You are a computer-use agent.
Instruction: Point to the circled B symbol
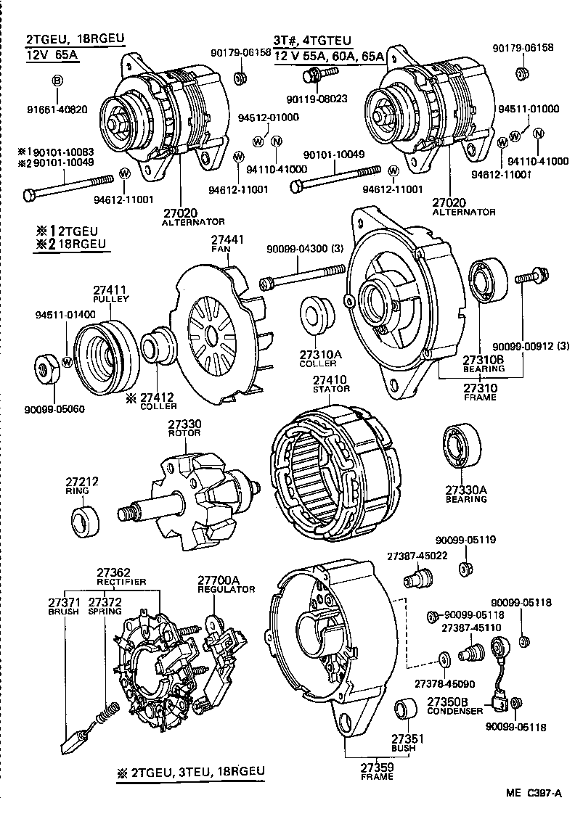[x=57, y=80]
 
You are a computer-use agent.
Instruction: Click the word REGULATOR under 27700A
[x=227, y=590]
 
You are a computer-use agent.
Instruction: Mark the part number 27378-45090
[x=444, y=683]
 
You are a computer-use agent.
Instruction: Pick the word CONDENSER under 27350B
[x=454, y=712]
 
